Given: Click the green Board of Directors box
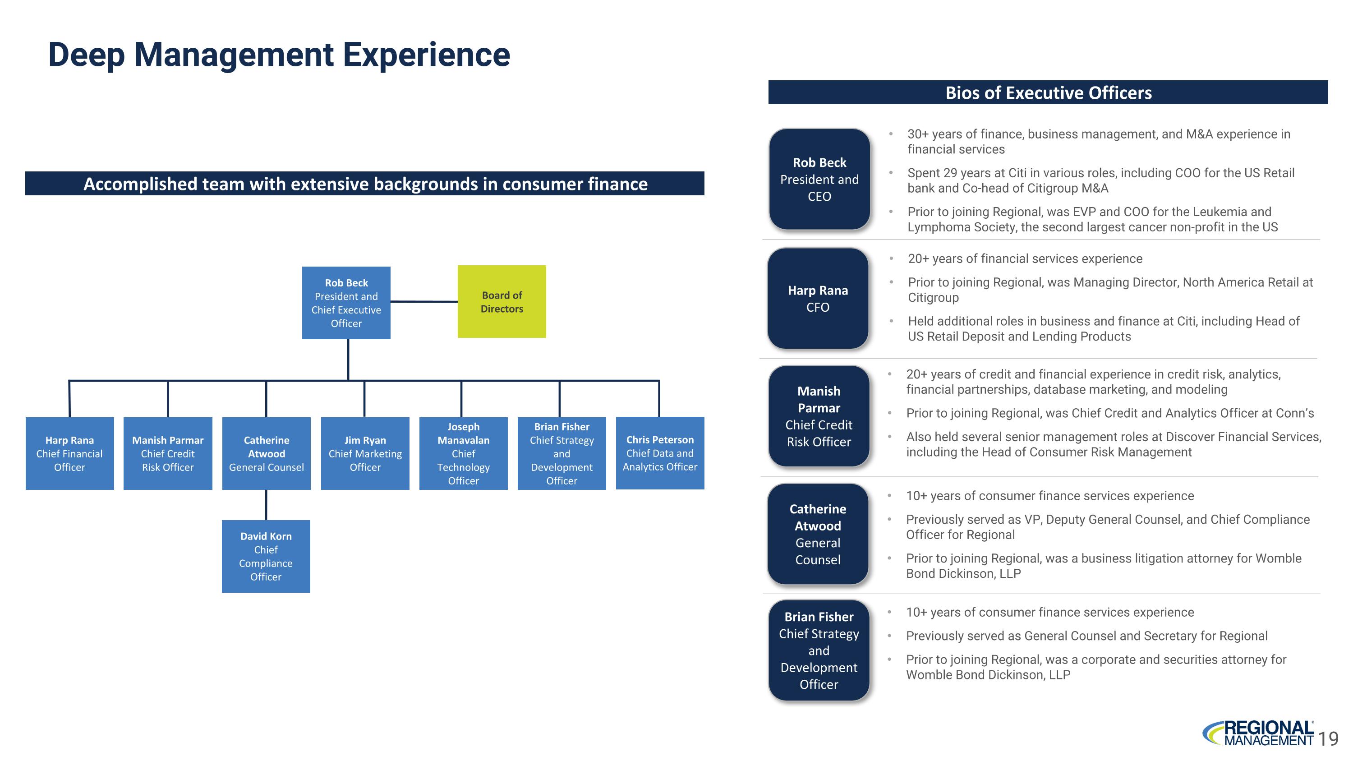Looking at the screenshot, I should click(x=502, y=301).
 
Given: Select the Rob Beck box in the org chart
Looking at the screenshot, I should click(x=346, y=303).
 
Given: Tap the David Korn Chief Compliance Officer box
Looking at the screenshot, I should click(x=266, y=556).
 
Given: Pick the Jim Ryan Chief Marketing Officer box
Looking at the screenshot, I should click(x=365, y=453).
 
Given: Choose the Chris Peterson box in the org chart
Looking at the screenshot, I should click(x=660, y=453).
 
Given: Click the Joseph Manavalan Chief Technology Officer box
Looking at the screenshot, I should click(x=463, y=453).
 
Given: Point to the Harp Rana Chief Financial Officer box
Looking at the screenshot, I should click(x=69, y=453).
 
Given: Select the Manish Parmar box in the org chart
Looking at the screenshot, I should click(x=168, y=453).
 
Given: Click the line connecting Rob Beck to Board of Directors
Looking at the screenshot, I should click(x=424, y=301).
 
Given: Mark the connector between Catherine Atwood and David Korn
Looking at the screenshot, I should click(x=266, y=505).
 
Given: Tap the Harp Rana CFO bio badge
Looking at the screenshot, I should click(x=818, y=298).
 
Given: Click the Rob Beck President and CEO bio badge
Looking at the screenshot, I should click(x=819, y=179).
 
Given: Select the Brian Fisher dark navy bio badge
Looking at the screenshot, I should click(x=819, y=650).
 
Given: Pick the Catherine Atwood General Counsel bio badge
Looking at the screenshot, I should click(x=818, y=534).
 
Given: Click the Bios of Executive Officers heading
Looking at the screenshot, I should click(x=1049, y=93).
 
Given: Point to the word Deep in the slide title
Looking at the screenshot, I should click(x=86, y=55).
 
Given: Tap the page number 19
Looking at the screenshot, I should click(x=1328, y=739).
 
